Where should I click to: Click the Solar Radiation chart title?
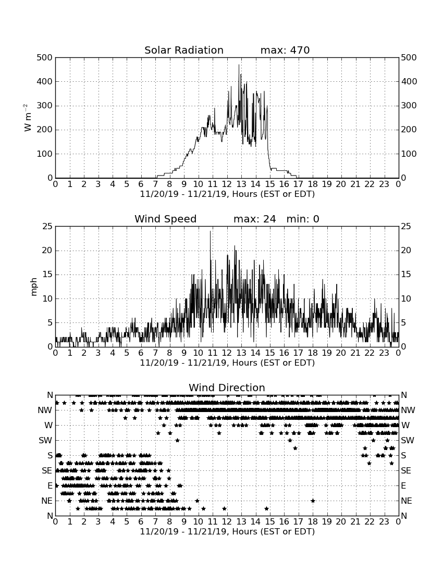coord(184,50)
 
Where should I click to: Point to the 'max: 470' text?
coord(285,50)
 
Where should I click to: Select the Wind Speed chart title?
coord(166,219)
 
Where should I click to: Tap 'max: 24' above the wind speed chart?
coord(255,219)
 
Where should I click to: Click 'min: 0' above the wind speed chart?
coord(303,219)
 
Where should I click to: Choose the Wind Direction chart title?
coord(227,388)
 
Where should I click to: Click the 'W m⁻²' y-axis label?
coord(27,118)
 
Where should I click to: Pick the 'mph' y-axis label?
coord(34,287)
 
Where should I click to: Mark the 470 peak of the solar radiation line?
coord(239,65)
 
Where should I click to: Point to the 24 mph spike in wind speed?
coord(210,232)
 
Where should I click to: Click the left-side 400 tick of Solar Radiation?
coord(45,81)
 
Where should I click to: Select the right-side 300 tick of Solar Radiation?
coord(409,106)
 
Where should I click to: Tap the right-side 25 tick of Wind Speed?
coord(406,227)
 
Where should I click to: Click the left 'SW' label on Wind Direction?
coord(45,440)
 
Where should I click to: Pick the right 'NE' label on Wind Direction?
coord(407,501)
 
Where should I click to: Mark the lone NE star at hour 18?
coord(313,501)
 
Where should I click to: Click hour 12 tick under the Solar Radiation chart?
coord(227,184)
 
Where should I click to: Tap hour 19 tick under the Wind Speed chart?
coord(327,353)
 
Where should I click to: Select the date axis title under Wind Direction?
coord(227,531)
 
